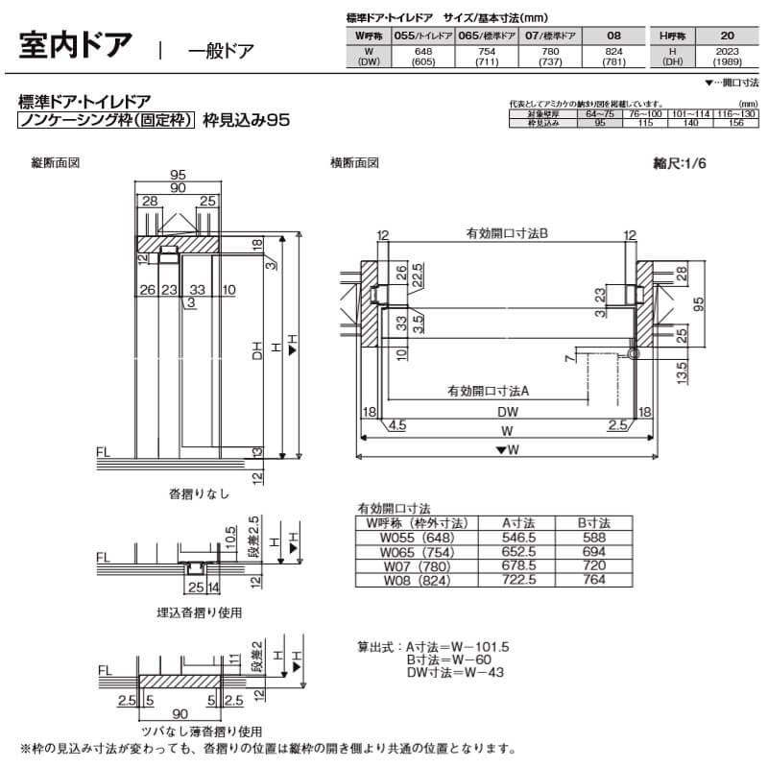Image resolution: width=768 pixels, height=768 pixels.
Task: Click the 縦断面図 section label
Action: pos(56,163)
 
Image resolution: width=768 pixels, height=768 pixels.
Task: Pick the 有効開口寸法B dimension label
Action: pos(506,233)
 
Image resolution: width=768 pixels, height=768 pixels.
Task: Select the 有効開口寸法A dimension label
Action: pos(490,391)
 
